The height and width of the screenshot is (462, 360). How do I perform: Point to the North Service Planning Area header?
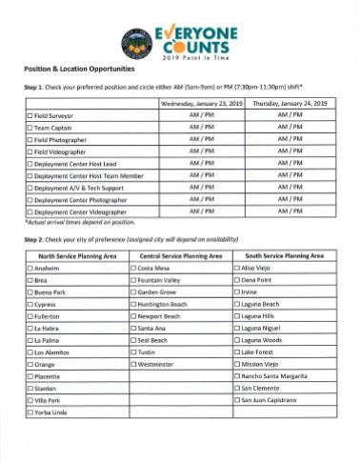pos(77,256)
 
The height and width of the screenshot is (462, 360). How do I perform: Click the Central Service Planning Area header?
pos(181,256)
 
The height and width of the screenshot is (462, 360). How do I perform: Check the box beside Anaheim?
pos(30,269)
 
